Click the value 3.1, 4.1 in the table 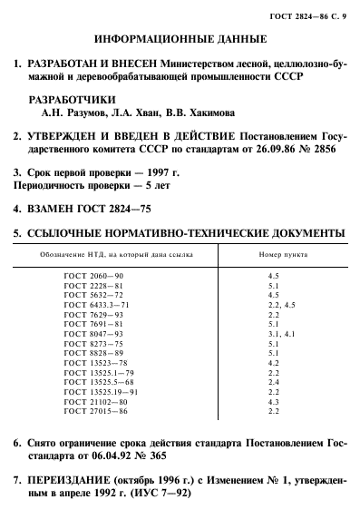273,335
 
